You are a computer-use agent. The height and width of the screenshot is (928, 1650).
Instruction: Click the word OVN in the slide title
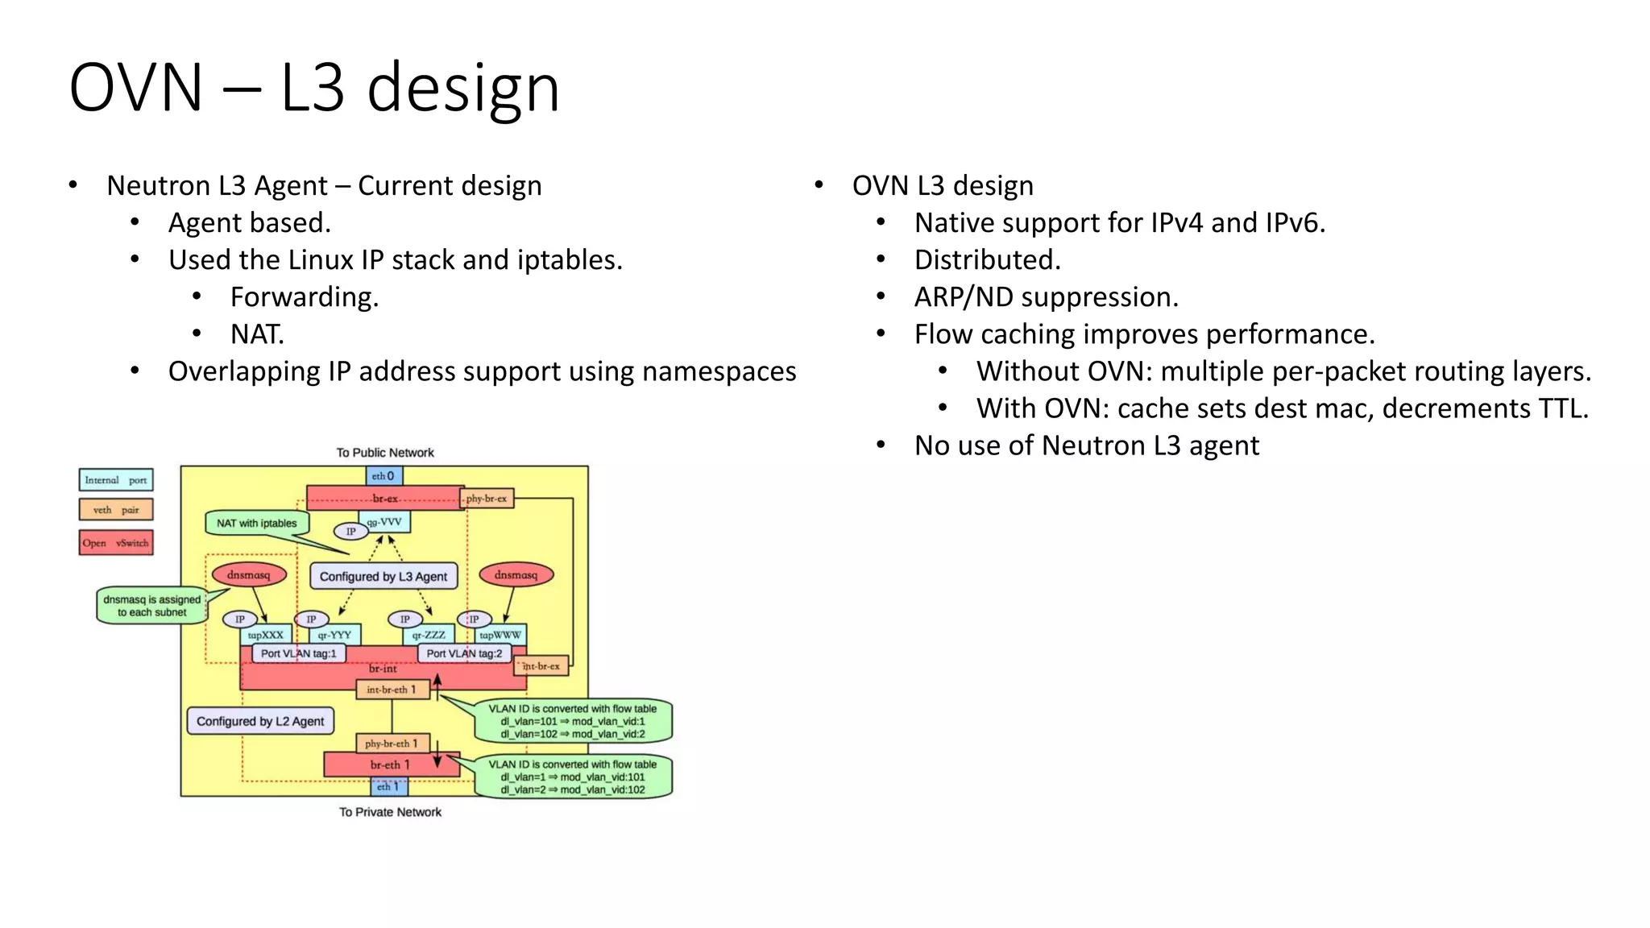135,88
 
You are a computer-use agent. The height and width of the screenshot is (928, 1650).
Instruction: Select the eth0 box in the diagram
383,476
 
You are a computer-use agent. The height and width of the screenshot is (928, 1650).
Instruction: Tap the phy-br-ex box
487,499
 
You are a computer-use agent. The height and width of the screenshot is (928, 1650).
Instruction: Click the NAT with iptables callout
256,523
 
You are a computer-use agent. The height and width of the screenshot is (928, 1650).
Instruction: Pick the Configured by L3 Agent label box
383,576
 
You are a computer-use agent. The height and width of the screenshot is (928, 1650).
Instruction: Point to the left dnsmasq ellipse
248,574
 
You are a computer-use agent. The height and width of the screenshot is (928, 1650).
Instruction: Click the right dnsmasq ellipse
516,574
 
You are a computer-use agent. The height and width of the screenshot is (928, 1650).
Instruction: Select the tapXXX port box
265,635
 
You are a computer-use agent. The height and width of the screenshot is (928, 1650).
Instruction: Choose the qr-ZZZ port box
429,635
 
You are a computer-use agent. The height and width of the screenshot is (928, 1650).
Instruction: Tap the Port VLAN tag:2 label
464,653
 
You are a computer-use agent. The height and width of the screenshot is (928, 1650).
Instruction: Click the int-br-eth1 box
392,690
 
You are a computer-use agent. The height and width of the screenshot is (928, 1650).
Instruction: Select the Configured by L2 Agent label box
260,721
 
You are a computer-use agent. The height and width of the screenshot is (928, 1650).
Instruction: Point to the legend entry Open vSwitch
116,543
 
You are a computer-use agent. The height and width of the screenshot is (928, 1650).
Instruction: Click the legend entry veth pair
116,510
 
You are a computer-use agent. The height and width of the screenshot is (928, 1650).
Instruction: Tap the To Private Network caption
390,812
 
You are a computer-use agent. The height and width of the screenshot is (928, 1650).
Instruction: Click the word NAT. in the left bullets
257,334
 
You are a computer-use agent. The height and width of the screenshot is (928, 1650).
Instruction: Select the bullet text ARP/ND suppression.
1046,297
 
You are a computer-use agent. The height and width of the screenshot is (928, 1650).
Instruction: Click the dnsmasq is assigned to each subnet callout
151,606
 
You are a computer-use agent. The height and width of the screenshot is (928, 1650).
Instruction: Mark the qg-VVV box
384,522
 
